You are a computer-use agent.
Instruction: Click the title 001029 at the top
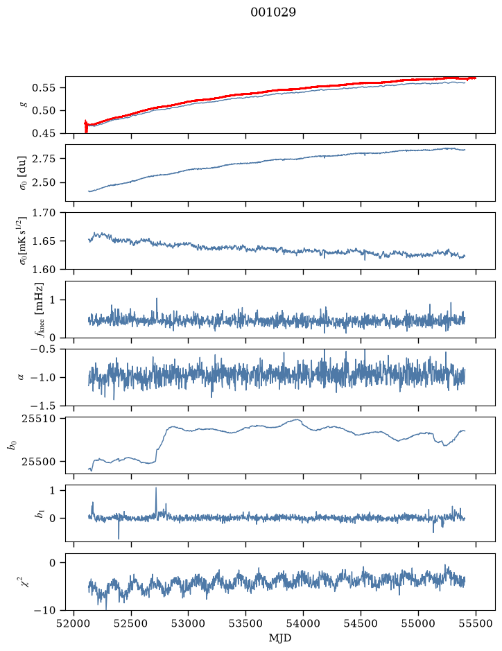pyautogui.click(x=273, y=12)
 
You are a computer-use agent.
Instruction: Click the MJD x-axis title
pyautogui.click(x=280, y=638)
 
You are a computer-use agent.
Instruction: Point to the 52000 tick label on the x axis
pyautogui.click(x=74, y=623)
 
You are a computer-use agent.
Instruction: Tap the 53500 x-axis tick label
pyautogui.click(x=245, y=623)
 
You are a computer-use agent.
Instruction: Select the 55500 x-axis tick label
pyautogui.click(x=476, y=623)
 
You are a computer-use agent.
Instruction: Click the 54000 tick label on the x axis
pyautogui.click(x=303, y=623)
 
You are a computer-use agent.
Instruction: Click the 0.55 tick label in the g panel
pyautogui.click(x=44, y=87)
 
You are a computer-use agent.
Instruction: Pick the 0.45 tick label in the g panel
pyautogui.click(x=44, y=133)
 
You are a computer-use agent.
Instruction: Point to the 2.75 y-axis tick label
pyautogui.click(x=44, y=159)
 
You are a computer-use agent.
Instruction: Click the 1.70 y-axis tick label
pyautogui.click(x=44, y=213)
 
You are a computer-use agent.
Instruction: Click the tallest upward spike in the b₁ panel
pyautogui.click(x=156, y=488)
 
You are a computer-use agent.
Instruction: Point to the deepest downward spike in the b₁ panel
pyautogui.click(x=119, y=538)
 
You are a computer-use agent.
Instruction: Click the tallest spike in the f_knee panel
pyautogui.click(x=157, y=299)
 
